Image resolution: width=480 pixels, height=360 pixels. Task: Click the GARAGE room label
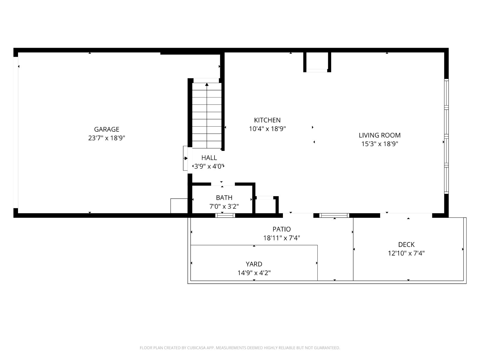point(106,129)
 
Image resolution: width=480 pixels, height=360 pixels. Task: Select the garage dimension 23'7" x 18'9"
point(106,138)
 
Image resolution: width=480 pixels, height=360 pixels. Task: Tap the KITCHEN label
point(267,120)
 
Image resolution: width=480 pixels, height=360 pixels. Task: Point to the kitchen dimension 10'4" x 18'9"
point(267,129)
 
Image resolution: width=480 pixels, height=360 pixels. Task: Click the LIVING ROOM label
point(379,135)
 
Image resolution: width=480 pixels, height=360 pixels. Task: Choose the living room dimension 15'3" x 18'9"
point(379,144)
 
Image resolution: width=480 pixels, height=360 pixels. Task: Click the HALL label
point(209,157)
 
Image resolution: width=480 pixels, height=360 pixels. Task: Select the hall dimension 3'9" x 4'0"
point(209,166)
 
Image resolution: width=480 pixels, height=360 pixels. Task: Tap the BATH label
point(224,198)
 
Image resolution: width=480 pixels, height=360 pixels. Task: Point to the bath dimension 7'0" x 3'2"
point(224,206)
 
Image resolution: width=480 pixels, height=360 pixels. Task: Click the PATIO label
point(281,229)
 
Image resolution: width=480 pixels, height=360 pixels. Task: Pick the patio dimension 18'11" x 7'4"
point(281,238)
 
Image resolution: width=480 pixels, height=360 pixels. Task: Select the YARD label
point(254,264)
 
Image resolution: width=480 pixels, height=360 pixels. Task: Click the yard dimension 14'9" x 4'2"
point(254,273)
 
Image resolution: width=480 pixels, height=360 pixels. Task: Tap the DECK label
point(406,244)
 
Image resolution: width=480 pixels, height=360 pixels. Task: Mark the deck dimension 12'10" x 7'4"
point(406,253)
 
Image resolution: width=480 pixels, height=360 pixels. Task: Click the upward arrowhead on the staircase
point(207,84)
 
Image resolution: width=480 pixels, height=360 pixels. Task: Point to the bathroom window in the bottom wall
point(225,215)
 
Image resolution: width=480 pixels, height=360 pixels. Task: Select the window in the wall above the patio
point(334,215)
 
